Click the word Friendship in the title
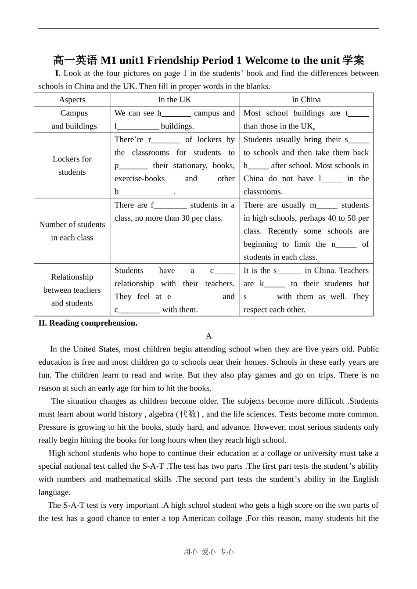tap(173, 60)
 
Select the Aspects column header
tap(72, 100)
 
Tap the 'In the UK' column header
tap(175, 100)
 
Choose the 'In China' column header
tap(306, 100)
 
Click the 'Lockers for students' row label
tap(72, 165)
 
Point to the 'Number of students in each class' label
tap(72, 231)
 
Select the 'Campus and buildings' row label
tap(74, 119)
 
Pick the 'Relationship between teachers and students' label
tap(72, 290)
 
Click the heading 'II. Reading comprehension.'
tap(88, 323)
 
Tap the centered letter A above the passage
tap(208, 336)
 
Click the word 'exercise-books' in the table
tap(140, 179)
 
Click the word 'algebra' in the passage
tap(161, 414)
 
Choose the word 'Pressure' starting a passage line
tap(53, 427)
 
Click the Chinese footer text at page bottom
tap(208, 552)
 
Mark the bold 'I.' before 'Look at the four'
tap(58, 73)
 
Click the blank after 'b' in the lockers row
tap(147, 192)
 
